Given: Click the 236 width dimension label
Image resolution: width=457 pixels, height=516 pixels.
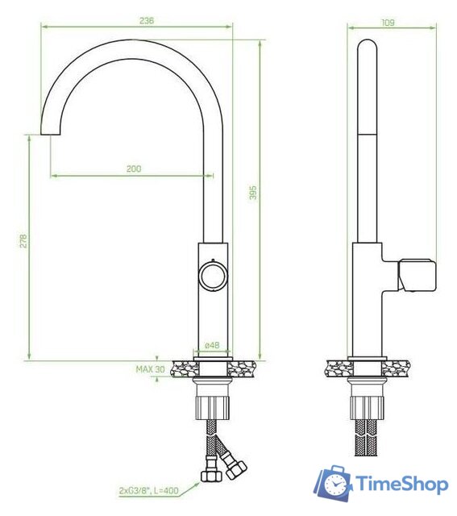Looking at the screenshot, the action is coord(147,20).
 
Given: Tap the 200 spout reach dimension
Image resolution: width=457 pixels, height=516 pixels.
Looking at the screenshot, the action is coord(134,169).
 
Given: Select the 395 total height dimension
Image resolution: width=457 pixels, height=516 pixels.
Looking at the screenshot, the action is coord(253,193).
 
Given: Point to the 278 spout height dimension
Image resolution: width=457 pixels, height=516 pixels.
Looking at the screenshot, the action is coord(23,241).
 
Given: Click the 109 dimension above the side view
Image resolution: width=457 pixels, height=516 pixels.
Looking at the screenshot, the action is coord(388,23).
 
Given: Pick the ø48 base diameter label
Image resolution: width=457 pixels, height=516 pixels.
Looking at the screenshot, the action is coord(212,345).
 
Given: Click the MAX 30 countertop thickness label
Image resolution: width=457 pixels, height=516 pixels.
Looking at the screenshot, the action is coord(151,369).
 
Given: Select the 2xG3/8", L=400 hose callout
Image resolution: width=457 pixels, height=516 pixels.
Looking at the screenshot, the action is coord(149,491).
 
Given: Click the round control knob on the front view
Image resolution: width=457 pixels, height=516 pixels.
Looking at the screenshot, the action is coord(213,276).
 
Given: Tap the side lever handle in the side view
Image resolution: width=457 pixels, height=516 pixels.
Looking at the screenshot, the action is coord(418,275).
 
